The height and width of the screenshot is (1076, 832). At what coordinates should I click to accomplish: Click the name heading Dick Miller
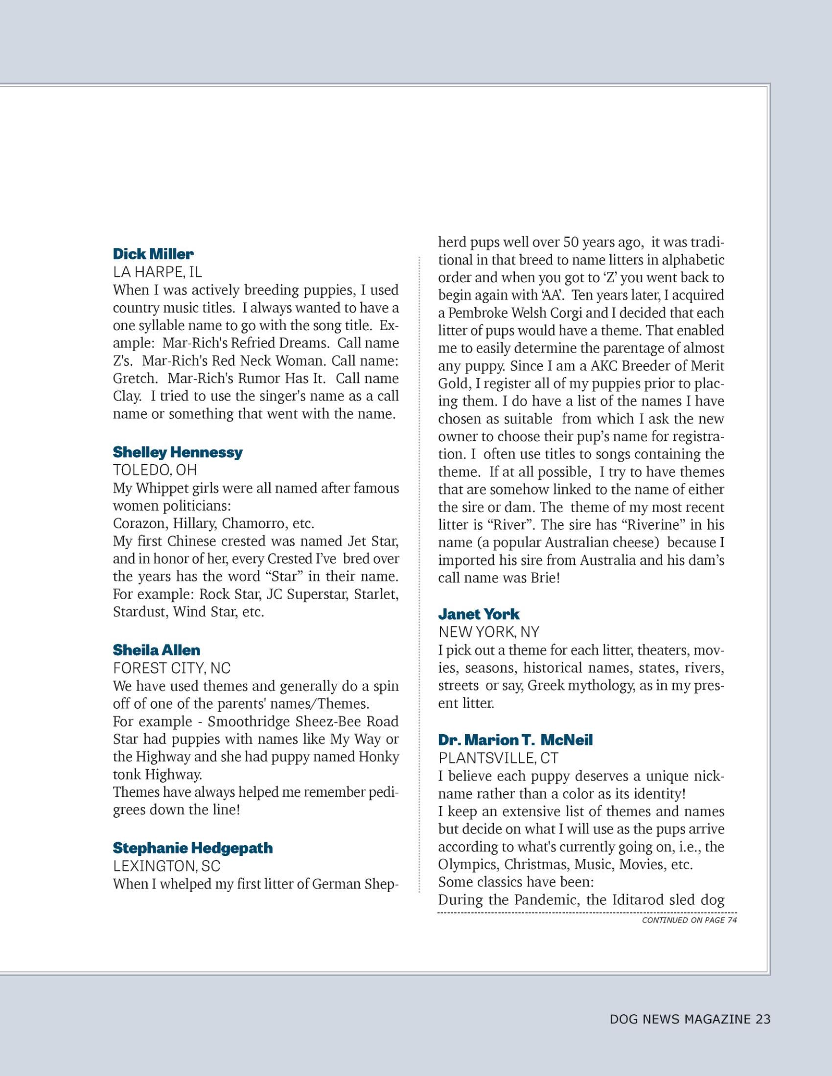click(153, 254)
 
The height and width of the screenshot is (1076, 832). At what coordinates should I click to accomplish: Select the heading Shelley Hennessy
click(178, 452)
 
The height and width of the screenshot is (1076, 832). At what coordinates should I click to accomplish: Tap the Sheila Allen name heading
click(156, 650)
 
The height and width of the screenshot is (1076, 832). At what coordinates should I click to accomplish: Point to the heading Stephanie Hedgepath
click(192, 848)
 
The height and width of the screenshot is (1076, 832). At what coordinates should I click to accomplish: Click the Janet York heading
click(479, 614)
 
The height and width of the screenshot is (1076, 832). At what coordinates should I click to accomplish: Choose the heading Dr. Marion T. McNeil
click(515, 740)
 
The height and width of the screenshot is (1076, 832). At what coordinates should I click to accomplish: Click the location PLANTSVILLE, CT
click(499, 758)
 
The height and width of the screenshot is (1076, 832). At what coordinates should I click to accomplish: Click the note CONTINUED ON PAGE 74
click(689, 920)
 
